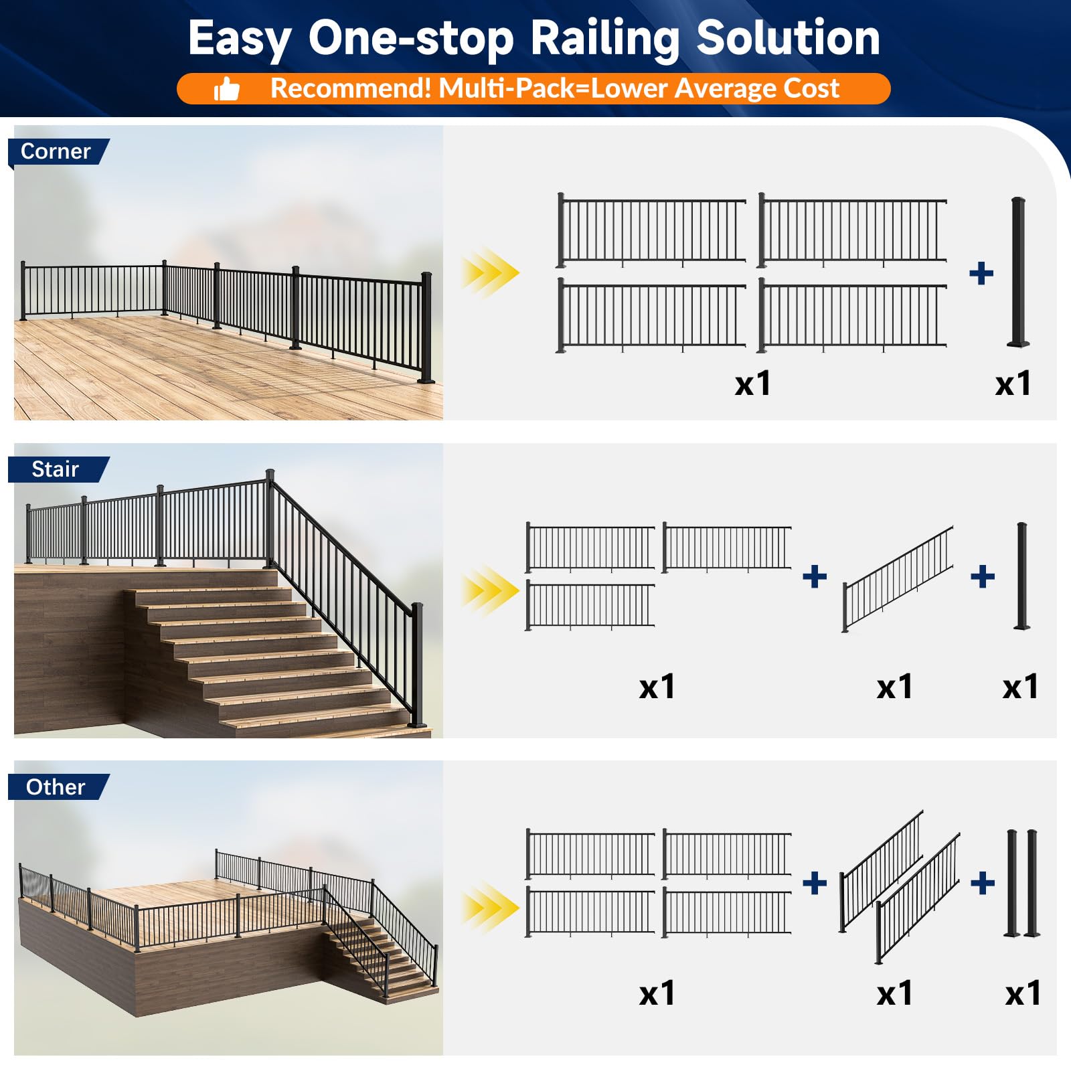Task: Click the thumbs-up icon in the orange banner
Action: [x=226, y=89]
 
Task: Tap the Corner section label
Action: [x=56, y=151]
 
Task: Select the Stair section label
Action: [x=55, y=469]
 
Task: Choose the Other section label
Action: [x=56, y=787]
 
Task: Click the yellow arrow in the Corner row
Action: [x=490, y=272]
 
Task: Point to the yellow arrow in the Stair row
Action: [x=490, y=590]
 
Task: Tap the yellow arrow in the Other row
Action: [x=490, y=908]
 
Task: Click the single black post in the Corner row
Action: [x=1019, y=272]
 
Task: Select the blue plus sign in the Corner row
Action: [x=981, y=273]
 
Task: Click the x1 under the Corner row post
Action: [x=1013, y=384]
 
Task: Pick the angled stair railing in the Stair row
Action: [x=898, y=579]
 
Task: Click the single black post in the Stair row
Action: [x=1021, y=576]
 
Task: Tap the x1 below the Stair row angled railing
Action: [x=894, y=687]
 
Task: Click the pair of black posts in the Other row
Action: [x=1021, y=884]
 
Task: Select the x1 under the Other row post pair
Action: [x=1023, y=993]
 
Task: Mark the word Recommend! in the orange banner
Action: [x=351, y=88]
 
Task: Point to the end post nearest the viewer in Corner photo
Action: [x=426, y=328]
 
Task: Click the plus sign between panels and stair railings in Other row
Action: [x=814, y=883]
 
